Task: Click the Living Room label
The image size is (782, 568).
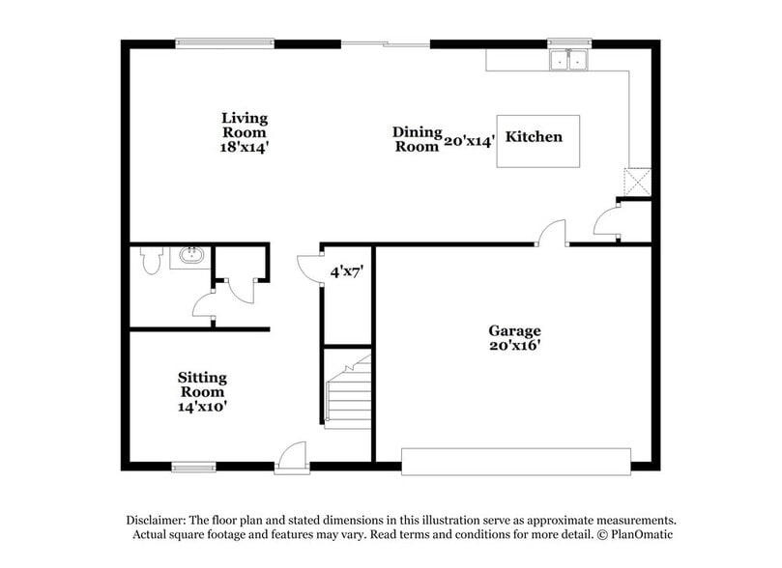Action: tap(244, 125)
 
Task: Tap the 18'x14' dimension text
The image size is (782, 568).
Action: tap(244, 148)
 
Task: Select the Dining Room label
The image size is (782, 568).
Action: tap(417, 139)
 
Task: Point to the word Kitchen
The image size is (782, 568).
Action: tap(534, 137)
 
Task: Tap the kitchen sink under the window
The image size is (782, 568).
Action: tap(568, 60)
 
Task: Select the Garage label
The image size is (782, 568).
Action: tap(514, 330)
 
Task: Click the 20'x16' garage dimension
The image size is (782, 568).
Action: tap(514, 346)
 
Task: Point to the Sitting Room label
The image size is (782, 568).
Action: tap(201, 384)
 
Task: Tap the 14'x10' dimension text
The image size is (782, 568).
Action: tap(201, 407)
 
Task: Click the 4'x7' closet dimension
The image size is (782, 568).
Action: tap(345, 272)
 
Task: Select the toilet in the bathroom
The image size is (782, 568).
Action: tap(150, 260)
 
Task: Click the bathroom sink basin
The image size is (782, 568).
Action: tap(188, 257)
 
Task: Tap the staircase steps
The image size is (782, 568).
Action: tap(348, 396)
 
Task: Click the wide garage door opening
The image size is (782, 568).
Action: tap(516, 461)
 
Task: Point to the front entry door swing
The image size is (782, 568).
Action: tap(291, 456)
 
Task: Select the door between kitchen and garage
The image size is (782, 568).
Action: tap(552, 235)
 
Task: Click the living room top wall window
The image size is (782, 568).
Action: tap(224, 43)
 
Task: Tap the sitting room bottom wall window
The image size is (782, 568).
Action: tap(193, 468)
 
